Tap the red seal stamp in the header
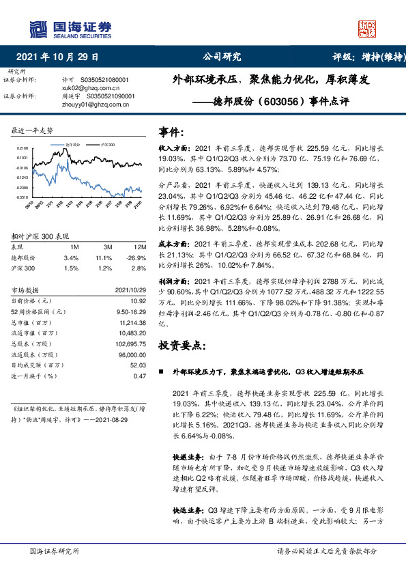(368, 28)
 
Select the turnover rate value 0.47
(141, 376)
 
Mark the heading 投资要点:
(182, 346)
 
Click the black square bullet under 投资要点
(161, 372)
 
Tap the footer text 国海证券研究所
(55, 550)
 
